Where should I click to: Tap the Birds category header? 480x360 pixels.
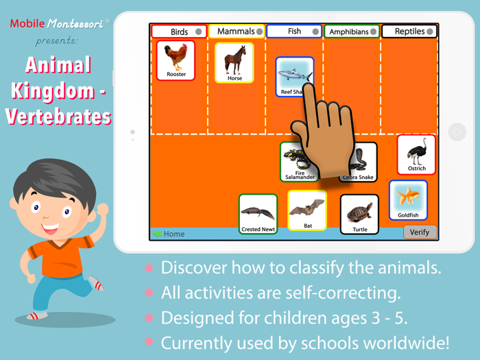pos(179,32)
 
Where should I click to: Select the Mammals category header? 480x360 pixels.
pos(236,32)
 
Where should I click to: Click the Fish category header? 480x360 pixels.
pos(294,32)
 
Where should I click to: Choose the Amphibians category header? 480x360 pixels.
pos(352,32)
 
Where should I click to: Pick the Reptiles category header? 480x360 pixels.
pos(409,32)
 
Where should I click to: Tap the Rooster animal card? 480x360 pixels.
pos(176,60)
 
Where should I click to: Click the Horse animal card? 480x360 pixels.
pos(235,63)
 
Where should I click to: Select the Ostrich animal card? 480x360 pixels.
pos(416,154)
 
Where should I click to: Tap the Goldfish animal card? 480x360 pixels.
pos(409,200)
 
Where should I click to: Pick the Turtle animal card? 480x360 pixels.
pos(359,215)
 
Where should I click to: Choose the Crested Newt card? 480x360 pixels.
pos(258,214)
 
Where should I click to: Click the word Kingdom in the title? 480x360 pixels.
pos(58,91)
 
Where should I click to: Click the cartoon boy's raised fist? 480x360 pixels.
pos(102,208)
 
